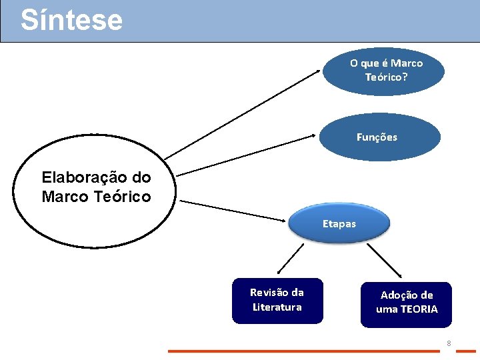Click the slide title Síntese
[71, 20]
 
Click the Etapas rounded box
[339, 224]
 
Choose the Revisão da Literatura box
[277, 300]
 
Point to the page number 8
[449, 344]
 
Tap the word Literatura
[277, 307]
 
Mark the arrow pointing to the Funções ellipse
[247, 155]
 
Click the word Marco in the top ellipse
[407, 63]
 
